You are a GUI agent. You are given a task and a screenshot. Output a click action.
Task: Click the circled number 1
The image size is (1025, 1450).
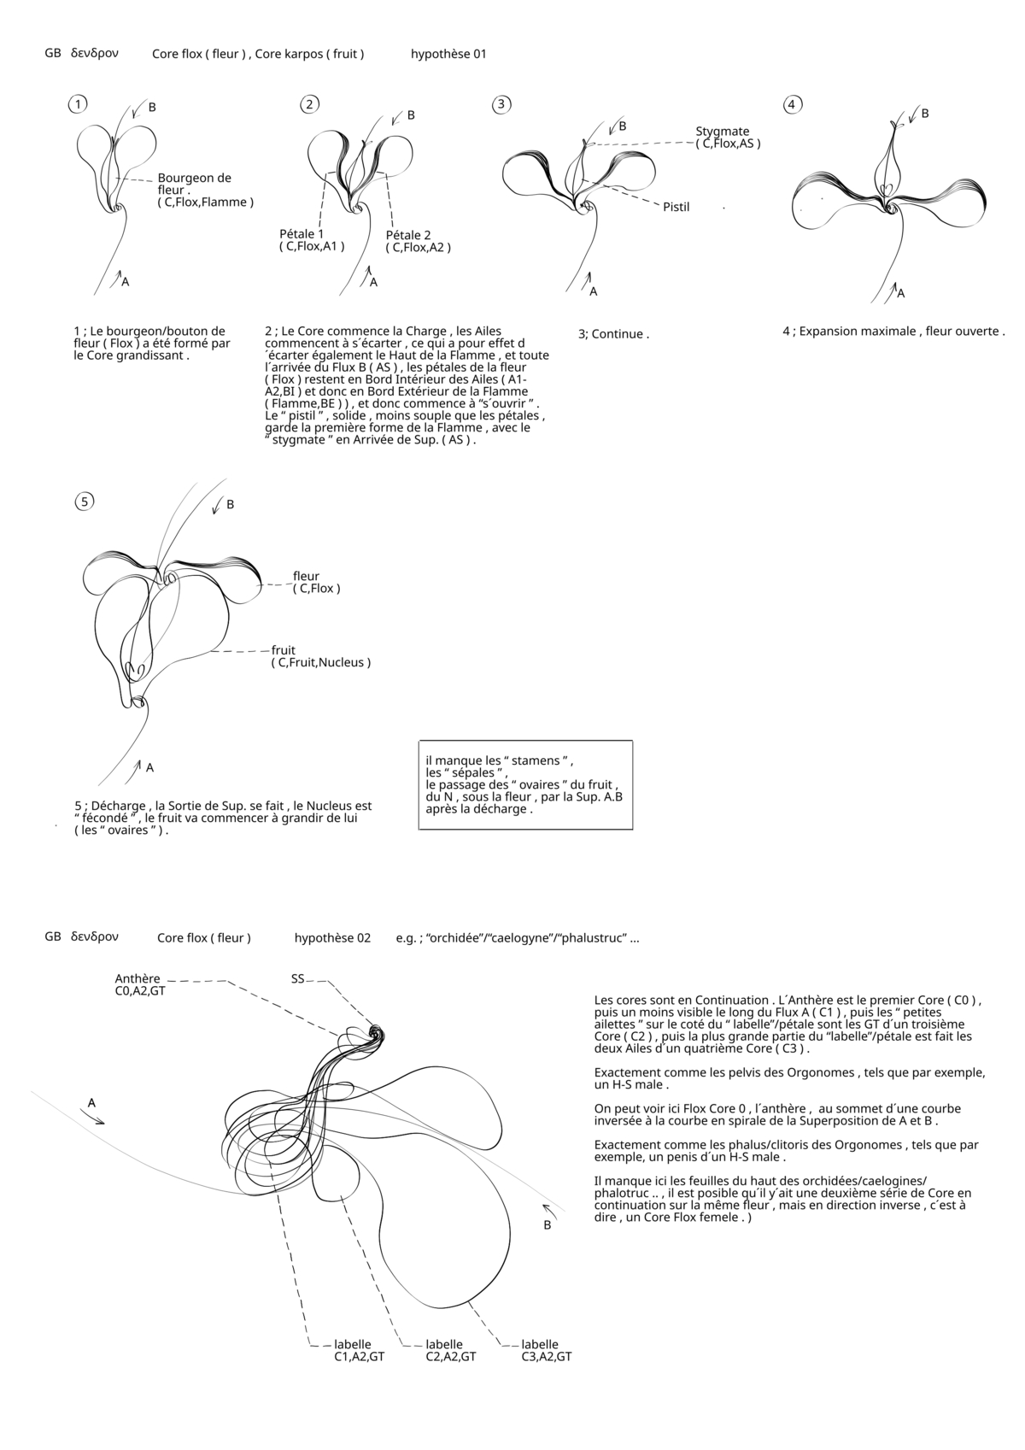78,104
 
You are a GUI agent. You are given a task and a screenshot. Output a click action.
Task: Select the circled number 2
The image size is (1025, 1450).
310,104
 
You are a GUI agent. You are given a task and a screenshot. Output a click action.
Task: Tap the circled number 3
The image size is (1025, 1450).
501,104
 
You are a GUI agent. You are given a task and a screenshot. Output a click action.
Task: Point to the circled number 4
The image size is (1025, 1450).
793,104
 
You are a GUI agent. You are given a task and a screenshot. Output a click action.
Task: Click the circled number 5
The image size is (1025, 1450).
84,502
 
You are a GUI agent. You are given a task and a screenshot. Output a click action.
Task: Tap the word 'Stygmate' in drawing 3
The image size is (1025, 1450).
722,132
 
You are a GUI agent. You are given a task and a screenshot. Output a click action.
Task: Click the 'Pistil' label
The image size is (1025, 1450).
676,207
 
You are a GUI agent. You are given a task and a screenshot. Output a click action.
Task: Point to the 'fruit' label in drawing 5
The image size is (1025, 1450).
284,650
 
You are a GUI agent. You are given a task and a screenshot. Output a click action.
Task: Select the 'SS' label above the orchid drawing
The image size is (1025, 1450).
298,978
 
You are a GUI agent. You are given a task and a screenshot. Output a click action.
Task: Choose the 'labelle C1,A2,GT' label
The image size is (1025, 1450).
359,1350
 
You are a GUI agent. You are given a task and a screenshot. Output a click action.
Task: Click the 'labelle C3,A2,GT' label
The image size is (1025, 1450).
546,1350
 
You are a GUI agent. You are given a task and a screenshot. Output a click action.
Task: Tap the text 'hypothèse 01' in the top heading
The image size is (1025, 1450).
448,54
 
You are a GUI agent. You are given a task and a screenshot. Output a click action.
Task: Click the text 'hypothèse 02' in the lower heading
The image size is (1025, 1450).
332,938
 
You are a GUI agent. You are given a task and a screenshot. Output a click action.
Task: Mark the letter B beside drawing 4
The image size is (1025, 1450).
925,113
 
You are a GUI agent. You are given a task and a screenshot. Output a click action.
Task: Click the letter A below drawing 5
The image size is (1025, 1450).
149,767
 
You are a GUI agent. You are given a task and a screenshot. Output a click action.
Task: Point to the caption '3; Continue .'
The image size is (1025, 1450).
613,334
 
